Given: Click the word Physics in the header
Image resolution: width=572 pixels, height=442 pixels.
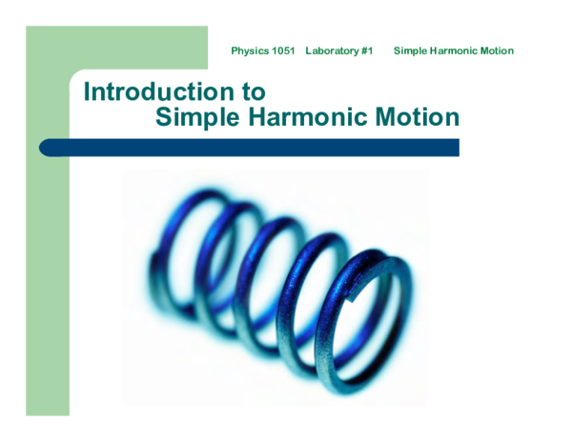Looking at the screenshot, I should tap(250, 50).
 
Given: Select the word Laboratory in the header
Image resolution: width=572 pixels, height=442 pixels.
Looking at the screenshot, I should tap(333, 50).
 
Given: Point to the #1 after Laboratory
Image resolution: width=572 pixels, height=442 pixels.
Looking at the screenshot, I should tap(367, 50).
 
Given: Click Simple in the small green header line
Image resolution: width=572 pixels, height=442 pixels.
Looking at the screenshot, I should tap(411, 50).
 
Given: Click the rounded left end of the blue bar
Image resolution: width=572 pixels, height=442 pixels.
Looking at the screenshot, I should tap(45, 148).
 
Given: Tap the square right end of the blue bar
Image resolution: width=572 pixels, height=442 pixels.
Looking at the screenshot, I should tap(456, 148).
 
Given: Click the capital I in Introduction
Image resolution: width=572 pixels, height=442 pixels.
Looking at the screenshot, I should tap(88, 91).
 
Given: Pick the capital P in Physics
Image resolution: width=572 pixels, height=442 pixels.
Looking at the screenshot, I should tap(235, 50).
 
